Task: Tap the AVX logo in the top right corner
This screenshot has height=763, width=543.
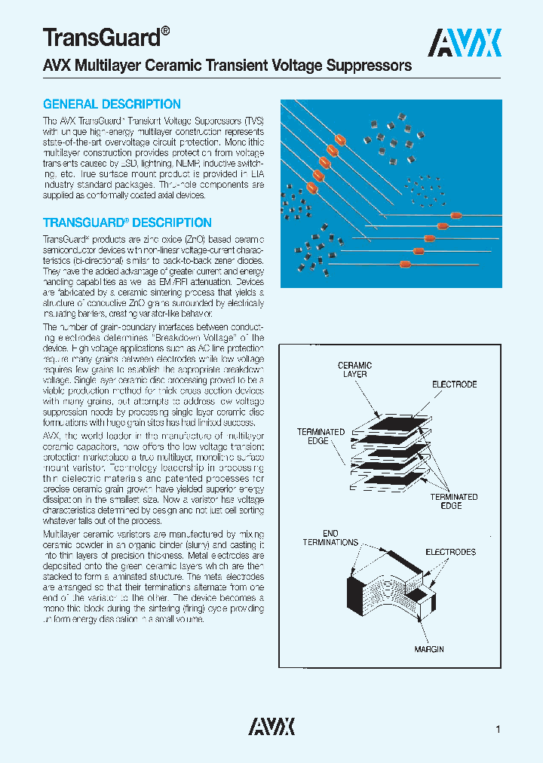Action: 465,43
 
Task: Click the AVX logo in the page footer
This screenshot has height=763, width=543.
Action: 271,726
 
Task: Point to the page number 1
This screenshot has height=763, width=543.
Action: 499,729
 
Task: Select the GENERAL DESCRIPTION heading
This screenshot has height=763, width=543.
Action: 112,105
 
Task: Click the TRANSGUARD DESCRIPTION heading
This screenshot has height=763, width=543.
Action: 127,223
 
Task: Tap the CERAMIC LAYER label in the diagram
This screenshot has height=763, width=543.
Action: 354,370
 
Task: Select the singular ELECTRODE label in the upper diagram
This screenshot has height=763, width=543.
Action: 454,385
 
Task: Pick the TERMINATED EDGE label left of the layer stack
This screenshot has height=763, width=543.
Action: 321,436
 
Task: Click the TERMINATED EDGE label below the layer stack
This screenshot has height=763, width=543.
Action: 454,501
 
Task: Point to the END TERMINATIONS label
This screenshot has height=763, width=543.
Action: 330,538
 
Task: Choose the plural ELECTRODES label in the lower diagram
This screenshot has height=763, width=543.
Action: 451,552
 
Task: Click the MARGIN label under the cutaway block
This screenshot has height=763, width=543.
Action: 428,649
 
